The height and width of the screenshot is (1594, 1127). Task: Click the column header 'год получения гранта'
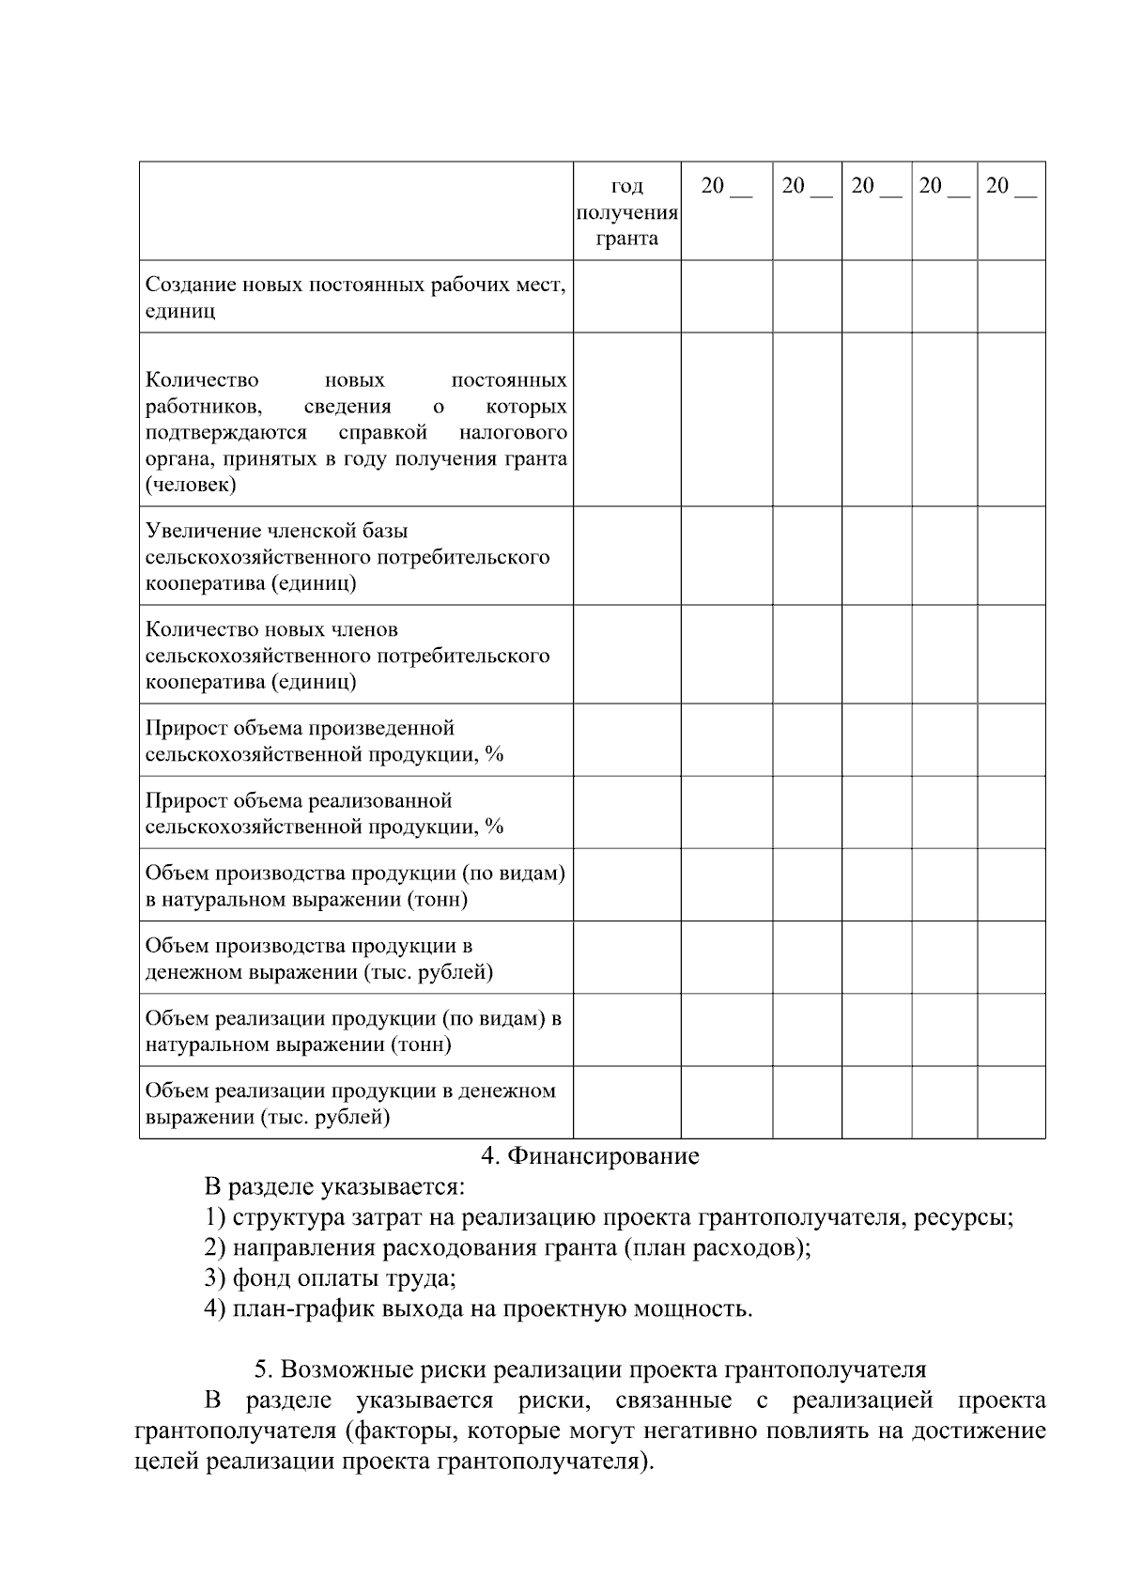(626, 212)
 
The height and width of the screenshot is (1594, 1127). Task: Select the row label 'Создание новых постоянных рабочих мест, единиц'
(355, 297)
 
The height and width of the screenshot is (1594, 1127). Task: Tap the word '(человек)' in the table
(191, 486)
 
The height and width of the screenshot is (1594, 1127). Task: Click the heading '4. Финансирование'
(590, 1155)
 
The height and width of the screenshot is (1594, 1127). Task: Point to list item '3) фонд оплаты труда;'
(330, 1278)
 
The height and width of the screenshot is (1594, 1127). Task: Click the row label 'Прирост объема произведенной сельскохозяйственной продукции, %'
(324, 741)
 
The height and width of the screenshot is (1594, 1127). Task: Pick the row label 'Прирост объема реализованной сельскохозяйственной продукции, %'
(324, 813)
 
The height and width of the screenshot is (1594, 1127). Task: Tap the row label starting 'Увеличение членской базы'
(347, 557)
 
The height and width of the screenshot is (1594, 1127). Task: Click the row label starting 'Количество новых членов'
(347, 656)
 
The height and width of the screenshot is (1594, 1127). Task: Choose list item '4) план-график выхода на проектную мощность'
(478, 1308)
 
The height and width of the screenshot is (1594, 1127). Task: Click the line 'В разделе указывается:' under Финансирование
(334, 1187)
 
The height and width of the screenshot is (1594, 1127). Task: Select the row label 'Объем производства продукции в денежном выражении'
(318, 959)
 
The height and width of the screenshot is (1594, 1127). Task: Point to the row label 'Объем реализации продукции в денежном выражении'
(349, 1104)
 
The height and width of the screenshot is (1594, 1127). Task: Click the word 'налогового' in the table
(513, 433)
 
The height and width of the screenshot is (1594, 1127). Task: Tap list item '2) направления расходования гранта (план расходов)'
(507, 1248)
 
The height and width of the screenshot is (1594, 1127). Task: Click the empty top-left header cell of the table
(356, 211)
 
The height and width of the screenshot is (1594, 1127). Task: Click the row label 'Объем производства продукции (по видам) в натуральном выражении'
(355, 886)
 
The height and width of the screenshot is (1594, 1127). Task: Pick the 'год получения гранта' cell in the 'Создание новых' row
(626, 297)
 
